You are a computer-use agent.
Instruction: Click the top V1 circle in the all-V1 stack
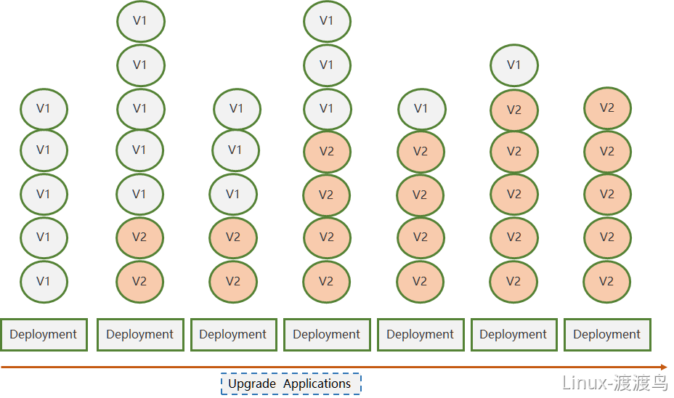44,109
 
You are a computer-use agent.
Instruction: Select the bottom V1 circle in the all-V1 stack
44,282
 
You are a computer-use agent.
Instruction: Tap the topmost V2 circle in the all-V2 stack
607,108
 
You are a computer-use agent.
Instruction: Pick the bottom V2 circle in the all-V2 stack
606,282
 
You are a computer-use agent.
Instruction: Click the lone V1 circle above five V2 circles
513,65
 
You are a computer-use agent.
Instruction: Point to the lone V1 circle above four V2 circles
422,109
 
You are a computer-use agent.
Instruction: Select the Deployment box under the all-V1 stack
44,334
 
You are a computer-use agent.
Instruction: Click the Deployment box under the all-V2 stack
607,334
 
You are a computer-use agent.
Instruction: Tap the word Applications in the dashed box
317,383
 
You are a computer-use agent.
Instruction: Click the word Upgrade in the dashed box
252,383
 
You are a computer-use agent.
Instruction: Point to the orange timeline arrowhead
664,367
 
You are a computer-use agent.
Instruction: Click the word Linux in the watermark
584,383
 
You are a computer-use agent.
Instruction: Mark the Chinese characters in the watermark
641,383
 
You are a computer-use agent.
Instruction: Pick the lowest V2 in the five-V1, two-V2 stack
139,282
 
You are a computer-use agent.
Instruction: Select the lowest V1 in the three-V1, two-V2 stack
233,194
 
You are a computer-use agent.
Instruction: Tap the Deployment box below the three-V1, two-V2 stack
233,334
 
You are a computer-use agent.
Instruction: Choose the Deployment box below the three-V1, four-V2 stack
327,334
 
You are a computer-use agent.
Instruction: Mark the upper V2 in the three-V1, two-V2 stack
233,237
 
